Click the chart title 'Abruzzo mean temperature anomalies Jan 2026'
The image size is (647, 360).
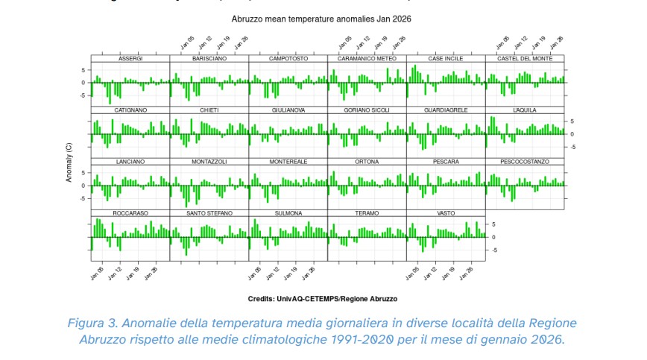pyautogui.click(x=321, y=17)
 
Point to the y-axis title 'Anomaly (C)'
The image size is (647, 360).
pyautogui.click(x=69, y=162)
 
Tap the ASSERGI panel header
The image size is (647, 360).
pyautogui.click(x=130, y=58)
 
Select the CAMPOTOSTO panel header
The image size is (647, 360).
pyautogui.click(x=288, y=58)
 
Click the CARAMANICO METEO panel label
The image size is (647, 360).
pyautogui.click(x=367, y=58)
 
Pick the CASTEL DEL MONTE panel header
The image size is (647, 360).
pyautogui.click(x=524, y=58)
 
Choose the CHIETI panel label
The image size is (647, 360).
pyautogui.click(x=209, y=110)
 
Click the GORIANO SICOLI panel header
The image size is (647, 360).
pyautogui.click(x=367, y=110)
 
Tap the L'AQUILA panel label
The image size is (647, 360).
pyautogui.click(x=524, y=110)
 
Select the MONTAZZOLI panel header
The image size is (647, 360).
pyautogui.click(x=209, y=162)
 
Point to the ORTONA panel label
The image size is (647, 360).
pyautogui.click(x=367, y=162)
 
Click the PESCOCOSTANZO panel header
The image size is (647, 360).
pyautogui.click(x=524, y=162)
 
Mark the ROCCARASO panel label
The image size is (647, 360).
pyautogui.click(x=130, y=213)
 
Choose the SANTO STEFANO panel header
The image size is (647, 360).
pyautogui.click(x=209, y=213)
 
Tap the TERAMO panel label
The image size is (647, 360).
pyautogui.click(x=367, y=213)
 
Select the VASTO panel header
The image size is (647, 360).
pyautogui.click(x=446, y=213)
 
